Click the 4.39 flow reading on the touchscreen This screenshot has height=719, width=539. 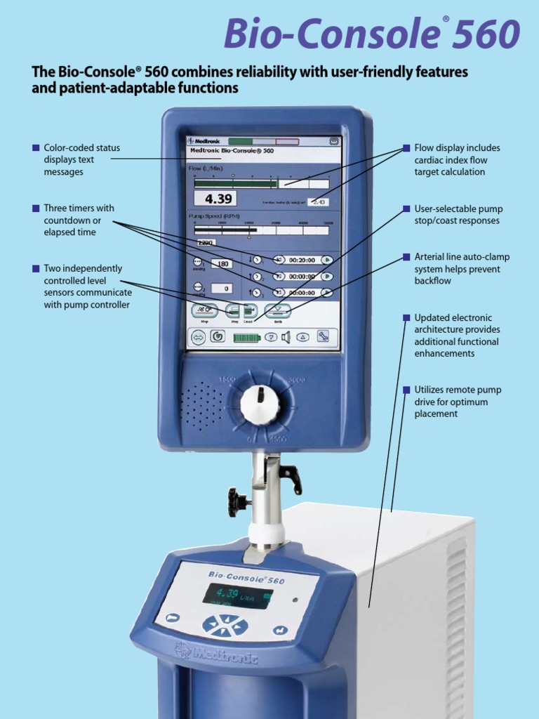(x=215, y=199)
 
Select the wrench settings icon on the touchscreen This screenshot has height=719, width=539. (x=323, y=336)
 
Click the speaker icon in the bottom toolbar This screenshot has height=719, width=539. (x=286, y=337)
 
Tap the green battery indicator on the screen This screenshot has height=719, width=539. (x=246, y=337)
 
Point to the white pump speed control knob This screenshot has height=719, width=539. (x=259, y=404)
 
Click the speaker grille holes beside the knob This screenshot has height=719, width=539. (x=202, y=404)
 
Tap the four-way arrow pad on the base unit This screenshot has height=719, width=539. (x=225, y=625)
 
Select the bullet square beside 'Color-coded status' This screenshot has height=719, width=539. (x=35, y=147)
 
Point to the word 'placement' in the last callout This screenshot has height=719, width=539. (x=436, y=414)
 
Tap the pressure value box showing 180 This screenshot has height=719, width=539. (x=221, y=264)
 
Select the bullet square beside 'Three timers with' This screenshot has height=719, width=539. (x=35, y=208)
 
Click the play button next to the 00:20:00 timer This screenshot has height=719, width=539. (x=326, y=259)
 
